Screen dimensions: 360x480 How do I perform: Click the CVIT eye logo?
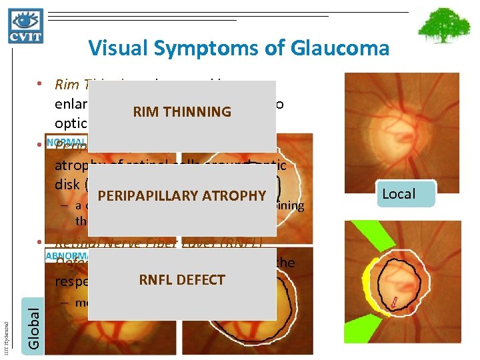[x=26, y=26]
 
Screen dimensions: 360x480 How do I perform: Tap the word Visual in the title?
[x=114, y=48]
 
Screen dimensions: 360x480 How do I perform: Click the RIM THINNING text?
[x=182, y=112]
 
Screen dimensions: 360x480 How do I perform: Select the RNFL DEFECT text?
[x=182, y=280]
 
